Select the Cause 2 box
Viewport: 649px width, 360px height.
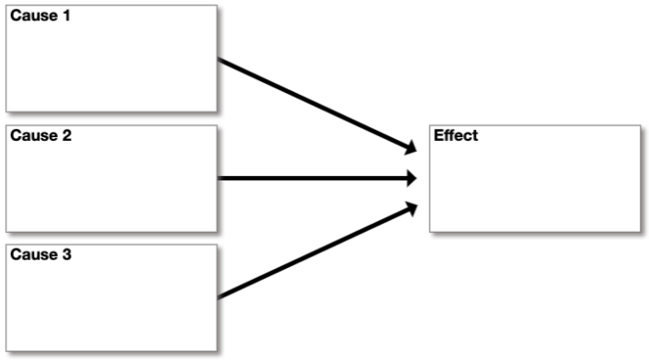(x=111, y=179)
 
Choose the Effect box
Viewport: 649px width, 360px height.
(x=534, y=179)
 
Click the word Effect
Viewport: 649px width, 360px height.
(x=456, y=136)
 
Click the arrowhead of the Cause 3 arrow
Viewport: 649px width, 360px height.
(x=411, y=208)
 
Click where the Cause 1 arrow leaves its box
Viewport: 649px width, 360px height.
(x=219, y=61)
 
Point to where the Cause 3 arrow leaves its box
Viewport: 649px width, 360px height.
(x=219, y=296)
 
